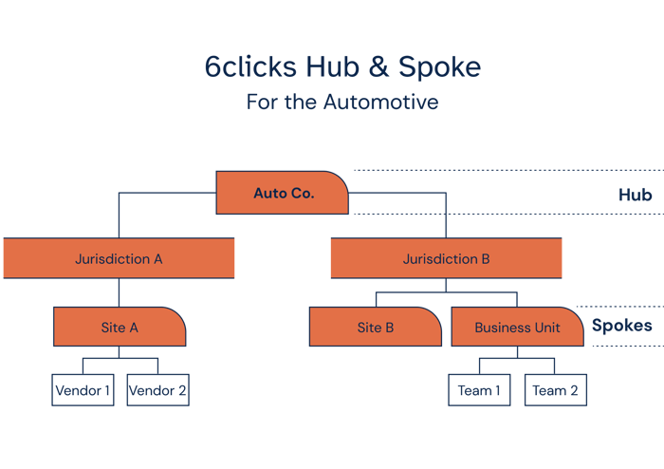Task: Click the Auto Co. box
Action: click(283, 194)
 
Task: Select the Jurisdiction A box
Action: click(119, 258)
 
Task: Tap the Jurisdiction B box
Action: click(446, 258)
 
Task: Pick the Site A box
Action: click(120, 328)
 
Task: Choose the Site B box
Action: click(376, 328)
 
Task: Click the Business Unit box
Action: click(517, 328)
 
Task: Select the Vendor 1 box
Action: click(83, 390)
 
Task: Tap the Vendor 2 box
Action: click(157, 390)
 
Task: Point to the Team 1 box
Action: click(479, 390)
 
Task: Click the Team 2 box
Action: click(555, 390)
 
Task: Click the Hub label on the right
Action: click(635, 195)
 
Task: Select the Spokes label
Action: click(621, 326)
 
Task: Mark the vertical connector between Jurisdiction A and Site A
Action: click(119, 292)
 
